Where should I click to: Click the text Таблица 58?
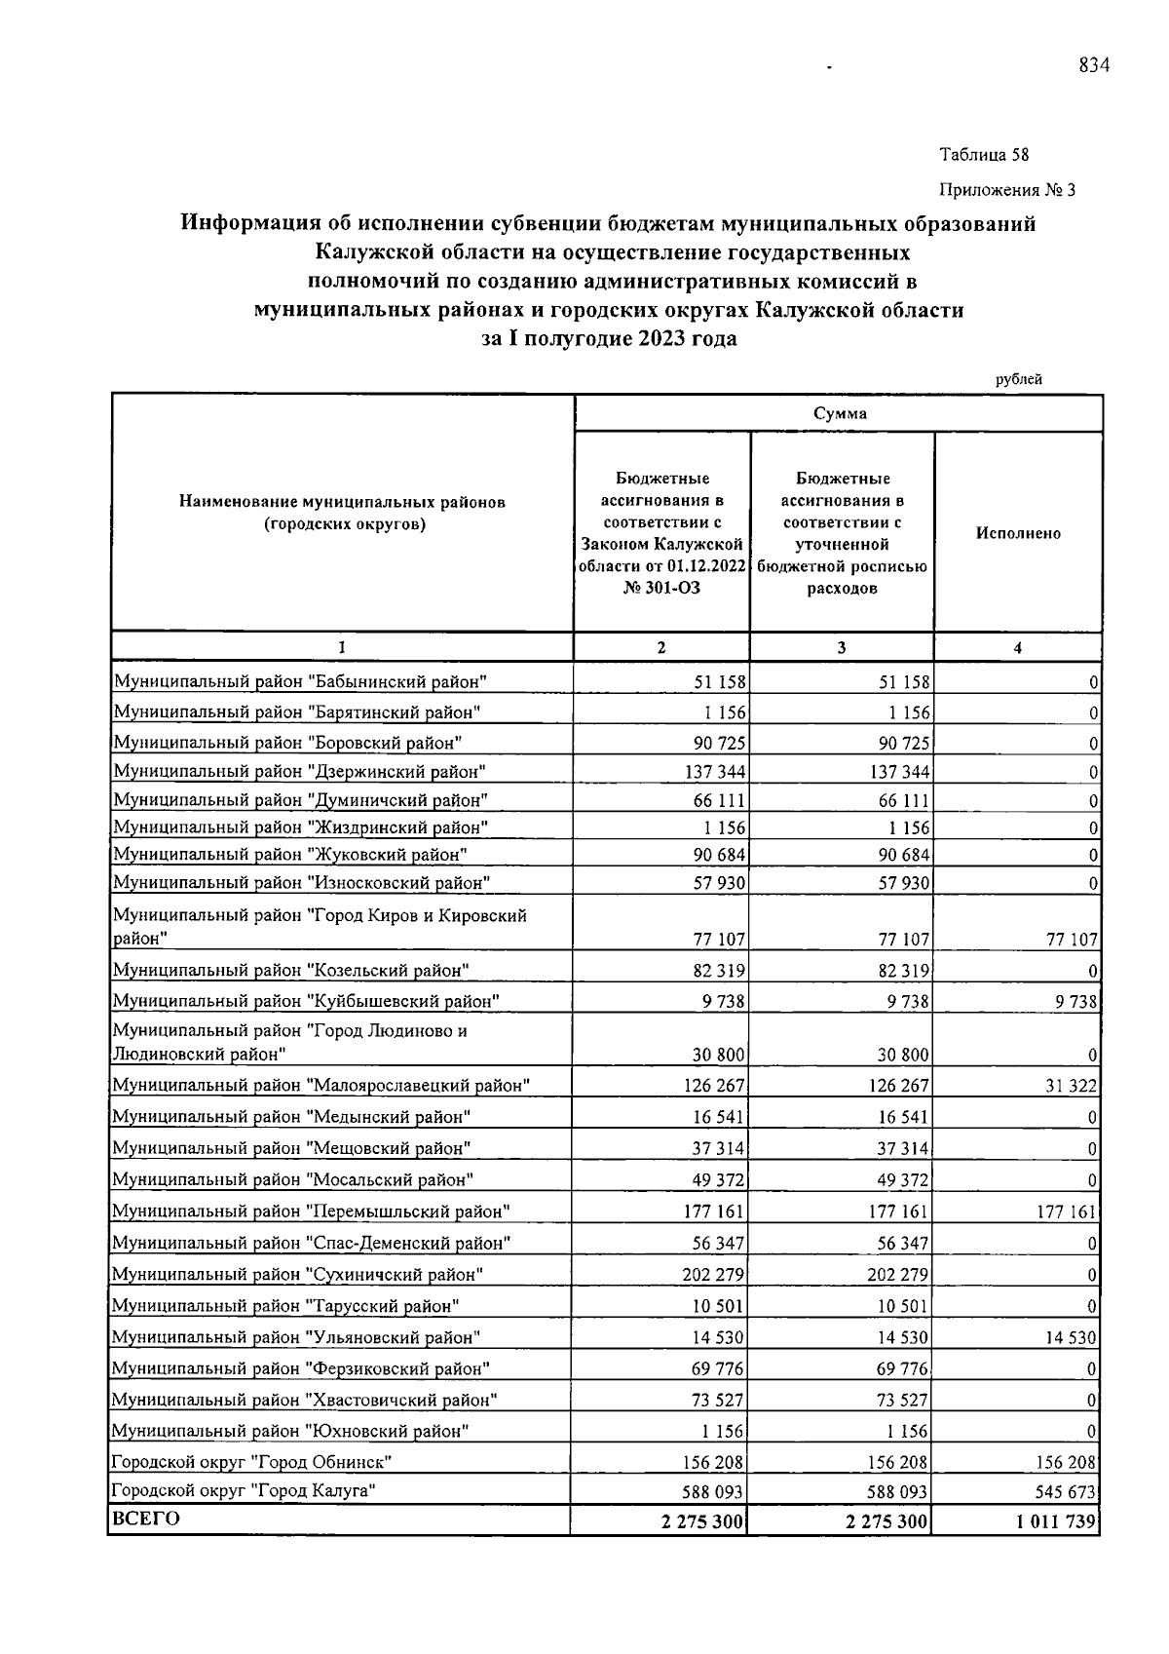click(984, 155)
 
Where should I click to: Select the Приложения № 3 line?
click(1007, 190)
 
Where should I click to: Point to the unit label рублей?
click(1019, 379)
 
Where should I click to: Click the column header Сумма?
click(840, 413)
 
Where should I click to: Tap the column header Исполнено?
click(1018, 533)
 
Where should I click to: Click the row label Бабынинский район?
click(300, 681)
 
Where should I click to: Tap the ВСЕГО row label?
click(146, 1519)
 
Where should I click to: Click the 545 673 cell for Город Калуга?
click(1070, 1492)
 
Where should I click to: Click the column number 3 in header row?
click(842, 647)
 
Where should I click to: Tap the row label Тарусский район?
click(285, 1305)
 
